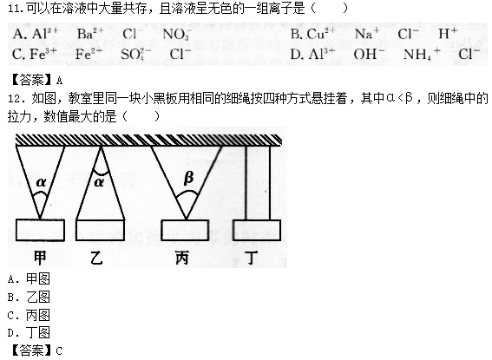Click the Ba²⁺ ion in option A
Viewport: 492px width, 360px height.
click(90, 33)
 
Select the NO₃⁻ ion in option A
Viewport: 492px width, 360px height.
click(177, 34)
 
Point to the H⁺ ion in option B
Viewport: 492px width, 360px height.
click(448, 33)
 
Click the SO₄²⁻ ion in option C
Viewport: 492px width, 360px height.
click(136, 54)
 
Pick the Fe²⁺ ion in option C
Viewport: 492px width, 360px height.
click(89, 54)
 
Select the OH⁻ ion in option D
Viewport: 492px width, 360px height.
click(369, 54)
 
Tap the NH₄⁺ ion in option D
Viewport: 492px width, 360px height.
click(422, 54)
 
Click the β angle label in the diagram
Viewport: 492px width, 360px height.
click(188, 178)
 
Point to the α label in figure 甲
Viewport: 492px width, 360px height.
click(41, 182)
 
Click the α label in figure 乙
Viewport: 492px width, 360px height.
click(99, 182)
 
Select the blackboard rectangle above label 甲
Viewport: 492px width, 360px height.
click(40, 230)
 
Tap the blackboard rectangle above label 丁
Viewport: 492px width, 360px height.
click(257, 230)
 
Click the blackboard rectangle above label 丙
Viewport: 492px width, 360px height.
click(185, 230)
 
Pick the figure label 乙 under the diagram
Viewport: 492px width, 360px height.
click(96, 259)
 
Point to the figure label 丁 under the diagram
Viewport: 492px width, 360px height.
click(251, 258)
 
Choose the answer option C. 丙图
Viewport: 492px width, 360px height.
click(29, 315)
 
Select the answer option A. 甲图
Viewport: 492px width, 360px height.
click(29, 278)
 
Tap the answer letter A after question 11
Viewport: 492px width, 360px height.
click(59, 81)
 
